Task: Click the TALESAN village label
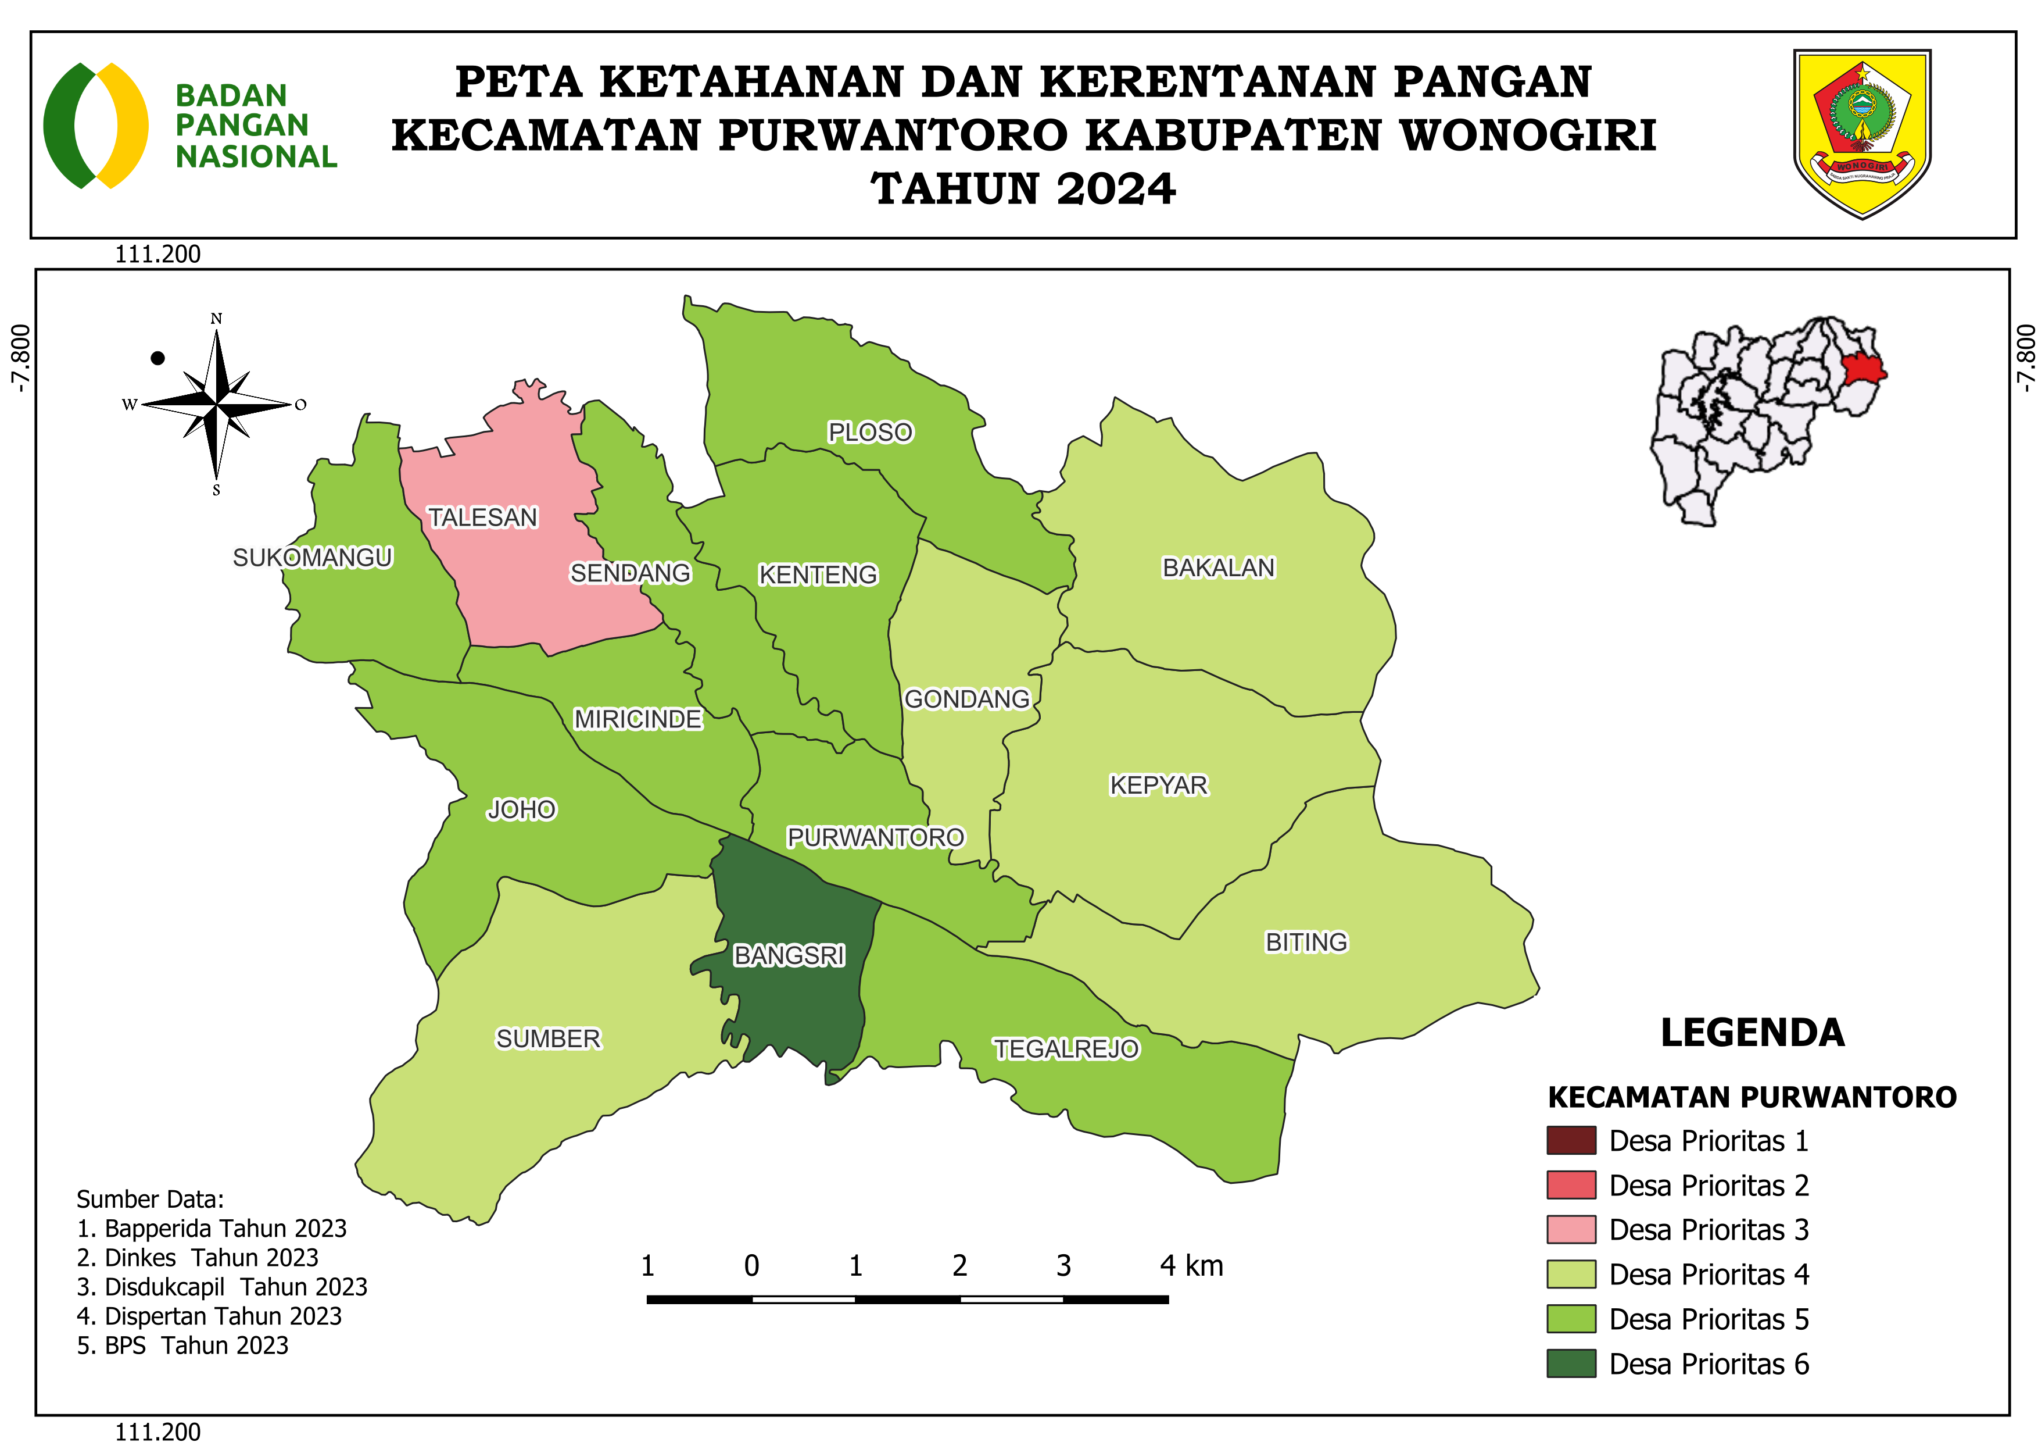click(x=483, y=517)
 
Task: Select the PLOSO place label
click(x=870, y=433)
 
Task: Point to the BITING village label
click(x=1306, y=942)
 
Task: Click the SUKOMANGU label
click(x=313, y=558)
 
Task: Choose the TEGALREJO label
click(x=1065, y=1050)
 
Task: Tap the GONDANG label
click(x=966, y=699)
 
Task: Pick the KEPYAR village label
click(x=1158, y=785)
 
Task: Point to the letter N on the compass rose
click(x=217, y=319)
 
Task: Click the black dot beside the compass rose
click(x=158, y=358)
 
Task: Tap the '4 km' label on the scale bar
click(x=1191, y=1265)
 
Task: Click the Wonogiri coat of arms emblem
click(x=1863, y=133)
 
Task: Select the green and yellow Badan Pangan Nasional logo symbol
click(x=96, y=125)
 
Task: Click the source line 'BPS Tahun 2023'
click(x=183, y=1345)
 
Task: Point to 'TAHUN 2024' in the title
click(x=1023, y=189)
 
